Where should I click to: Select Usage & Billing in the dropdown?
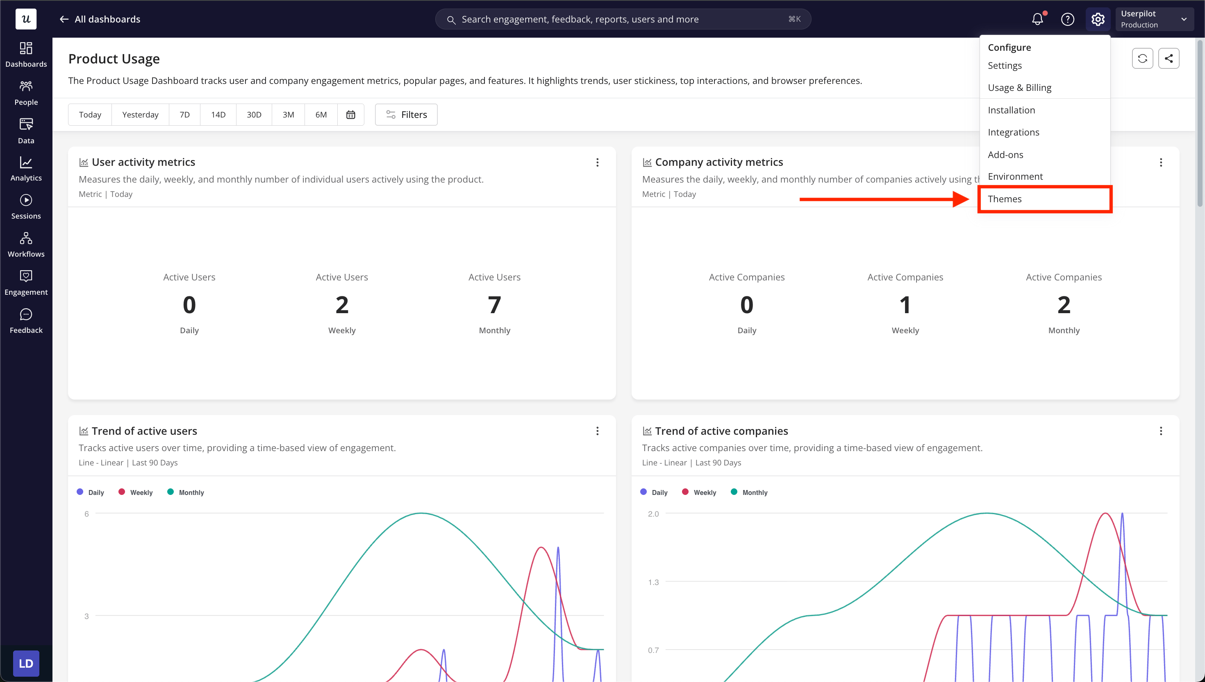[x=1019, y=88]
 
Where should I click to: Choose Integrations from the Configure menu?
[x=1013, y=132]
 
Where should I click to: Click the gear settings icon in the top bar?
[x=1098, y=19]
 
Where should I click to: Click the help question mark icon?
[x=1068, y=19]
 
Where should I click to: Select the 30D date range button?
[x=254, y=115]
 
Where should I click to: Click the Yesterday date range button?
[x=140, y=115]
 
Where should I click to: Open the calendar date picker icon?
[x=351, y=115]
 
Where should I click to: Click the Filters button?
[x=406, y=115]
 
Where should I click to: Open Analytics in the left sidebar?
[x=26, y=169]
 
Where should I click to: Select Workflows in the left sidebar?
[x=26, y=245]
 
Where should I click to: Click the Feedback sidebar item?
[x=26, y=321]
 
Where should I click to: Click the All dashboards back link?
[x=100, y=19]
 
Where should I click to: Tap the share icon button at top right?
[x=1169, y=59]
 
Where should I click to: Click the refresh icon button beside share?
[x=1142, y=59]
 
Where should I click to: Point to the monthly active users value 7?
[x=494, y=305]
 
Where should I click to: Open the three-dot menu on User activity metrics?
[x=597, y=163]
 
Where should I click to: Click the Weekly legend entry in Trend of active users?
[x=136, y=492]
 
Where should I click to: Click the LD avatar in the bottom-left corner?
[x=26, y=663]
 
